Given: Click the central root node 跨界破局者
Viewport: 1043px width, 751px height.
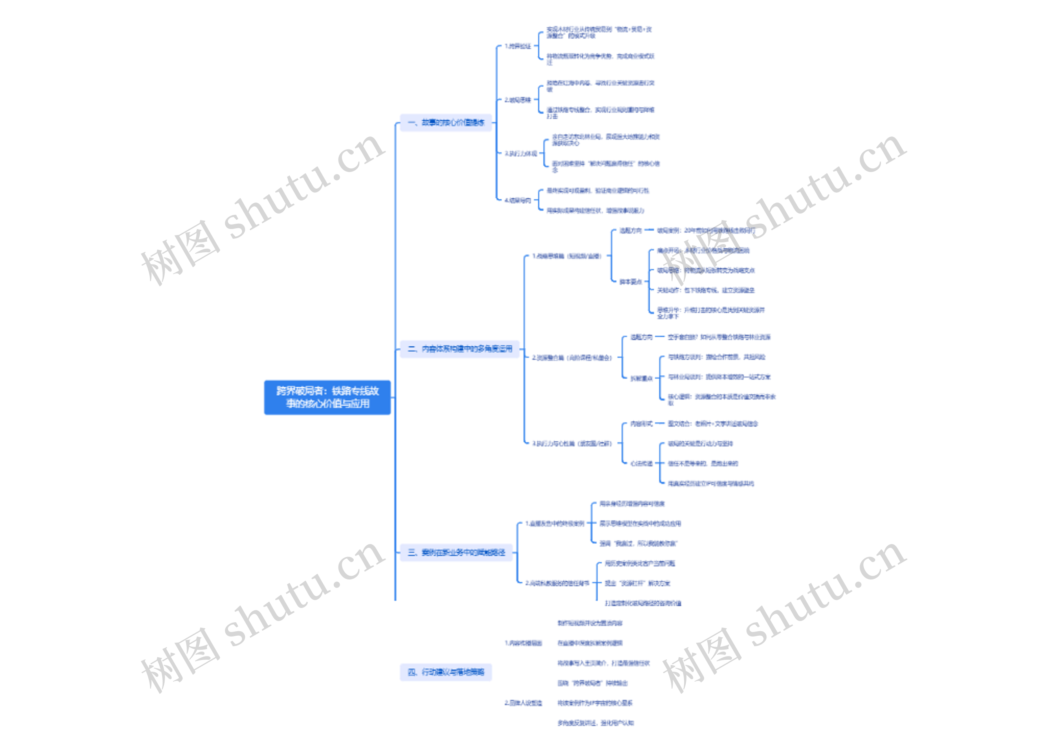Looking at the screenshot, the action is (327, 397).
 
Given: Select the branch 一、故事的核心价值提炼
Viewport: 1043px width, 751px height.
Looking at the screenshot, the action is (446, 122).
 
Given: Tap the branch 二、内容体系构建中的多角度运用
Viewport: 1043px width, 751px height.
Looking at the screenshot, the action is (460, 348).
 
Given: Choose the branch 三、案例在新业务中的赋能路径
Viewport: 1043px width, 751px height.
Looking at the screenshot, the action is (456, 552).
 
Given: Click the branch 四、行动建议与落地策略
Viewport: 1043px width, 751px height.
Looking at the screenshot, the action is (446, 672).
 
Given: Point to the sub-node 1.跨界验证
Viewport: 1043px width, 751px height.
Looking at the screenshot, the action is (517, 46).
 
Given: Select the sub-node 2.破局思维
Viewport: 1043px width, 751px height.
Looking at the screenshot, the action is (517, 100).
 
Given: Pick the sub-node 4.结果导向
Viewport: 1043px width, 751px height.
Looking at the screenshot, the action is (517, 200).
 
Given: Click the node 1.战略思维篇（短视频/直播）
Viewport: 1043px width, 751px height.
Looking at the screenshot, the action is (567, 256).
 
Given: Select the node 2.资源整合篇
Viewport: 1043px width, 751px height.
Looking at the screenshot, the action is (572, 357).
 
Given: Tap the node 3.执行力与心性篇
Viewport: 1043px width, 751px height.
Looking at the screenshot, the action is (572, 443).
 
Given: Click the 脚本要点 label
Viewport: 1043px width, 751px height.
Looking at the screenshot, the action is (631, 282).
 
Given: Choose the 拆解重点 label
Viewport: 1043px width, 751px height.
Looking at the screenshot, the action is (641, 378).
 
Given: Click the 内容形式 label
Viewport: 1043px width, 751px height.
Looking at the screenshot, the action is (641, 423).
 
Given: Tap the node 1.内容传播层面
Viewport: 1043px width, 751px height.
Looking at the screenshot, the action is (524, 643).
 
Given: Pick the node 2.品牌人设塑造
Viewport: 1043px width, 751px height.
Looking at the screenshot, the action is (524, 703).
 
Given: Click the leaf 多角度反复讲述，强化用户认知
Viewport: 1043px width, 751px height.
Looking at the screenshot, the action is (596, 723).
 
